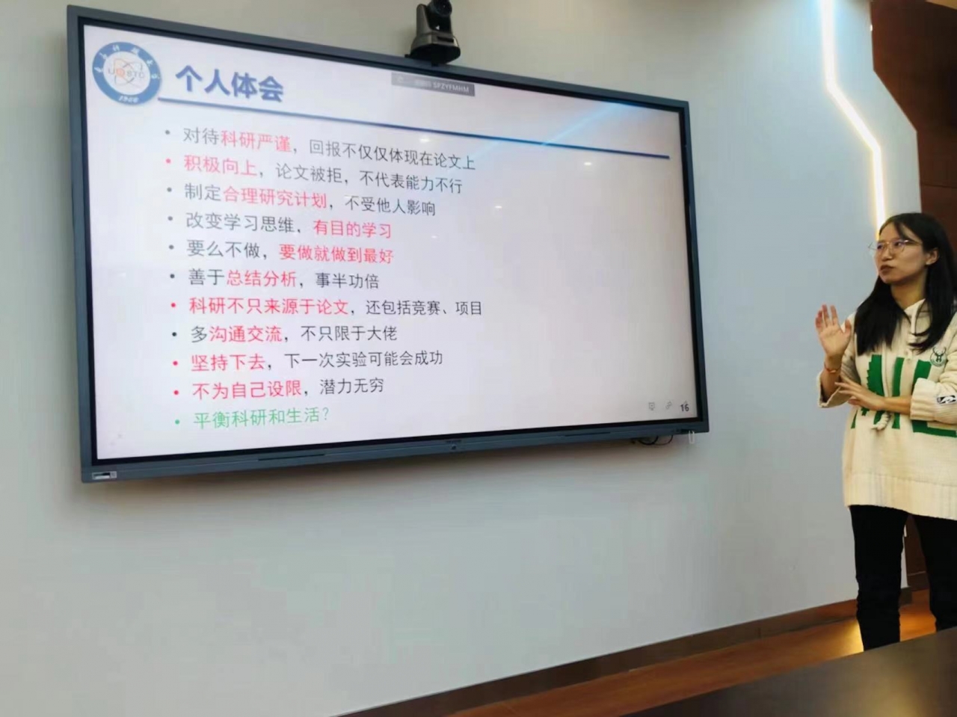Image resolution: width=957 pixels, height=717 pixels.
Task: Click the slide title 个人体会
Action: coord(230,82)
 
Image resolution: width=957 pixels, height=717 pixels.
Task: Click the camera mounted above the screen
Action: coord(434,32)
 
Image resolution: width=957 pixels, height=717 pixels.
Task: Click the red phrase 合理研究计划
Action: coord(275,197)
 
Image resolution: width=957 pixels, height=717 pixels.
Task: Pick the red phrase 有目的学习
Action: coord(352,228)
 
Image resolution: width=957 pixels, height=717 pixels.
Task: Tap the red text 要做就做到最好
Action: coord(336,254)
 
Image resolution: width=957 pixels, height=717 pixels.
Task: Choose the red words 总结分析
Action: coord(262,279)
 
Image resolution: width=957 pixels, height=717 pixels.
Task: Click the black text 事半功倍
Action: coord(347,280)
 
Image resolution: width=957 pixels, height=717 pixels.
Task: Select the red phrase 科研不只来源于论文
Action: coord(268,306)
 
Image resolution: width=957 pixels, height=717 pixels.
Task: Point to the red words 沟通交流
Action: coord(245,333)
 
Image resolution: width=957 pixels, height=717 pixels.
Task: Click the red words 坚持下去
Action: coord(228,363)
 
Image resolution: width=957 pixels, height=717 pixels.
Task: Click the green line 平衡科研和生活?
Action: coord(261,416)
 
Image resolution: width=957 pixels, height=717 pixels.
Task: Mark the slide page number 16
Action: coord(685,407)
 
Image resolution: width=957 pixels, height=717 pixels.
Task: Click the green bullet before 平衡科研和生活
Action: coord(177,422)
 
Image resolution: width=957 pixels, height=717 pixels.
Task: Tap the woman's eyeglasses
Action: coord(896,245)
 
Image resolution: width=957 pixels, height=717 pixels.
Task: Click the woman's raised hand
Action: coord(832,330)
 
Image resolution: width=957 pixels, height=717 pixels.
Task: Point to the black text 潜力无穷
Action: coord(351,387)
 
